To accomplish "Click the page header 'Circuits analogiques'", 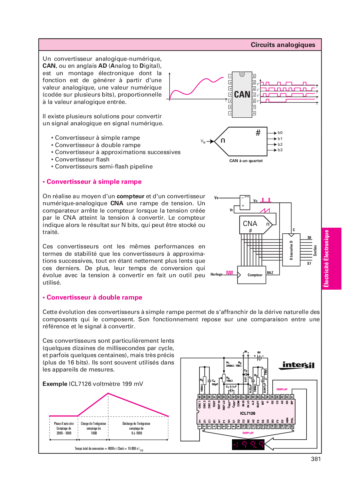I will coord(283,45).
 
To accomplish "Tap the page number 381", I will coord(316,459).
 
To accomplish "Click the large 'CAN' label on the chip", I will coord(242,95).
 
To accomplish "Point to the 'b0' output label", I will coord(280,133).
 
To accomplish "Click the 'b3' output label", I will coord(280,150).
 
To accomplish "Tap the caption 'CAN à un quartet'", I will coord(246,161).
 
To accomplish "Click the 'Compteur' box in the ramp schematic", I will coord(255,275).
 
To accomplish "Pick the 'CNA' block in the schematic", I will coord(250,224).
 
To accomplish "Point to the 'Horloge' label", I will coord(217,274).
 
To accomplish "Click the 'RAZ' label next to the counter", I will coord(270,273).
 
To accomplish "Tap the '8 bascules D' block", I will coord(291,250).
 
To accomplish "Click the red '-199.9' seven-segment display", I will coord(248,445).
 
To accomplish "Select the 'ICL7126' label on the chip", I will coord(248,413).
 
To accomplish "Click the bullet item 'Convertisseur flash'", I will coord(82,160).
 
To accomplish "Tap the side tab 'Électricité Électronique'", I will coord(326,258).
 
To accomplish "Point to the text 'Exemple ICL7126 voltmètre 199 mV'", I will coord(92,384).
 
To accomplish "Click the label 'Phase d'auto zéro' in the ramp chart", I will coord(64,424).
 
